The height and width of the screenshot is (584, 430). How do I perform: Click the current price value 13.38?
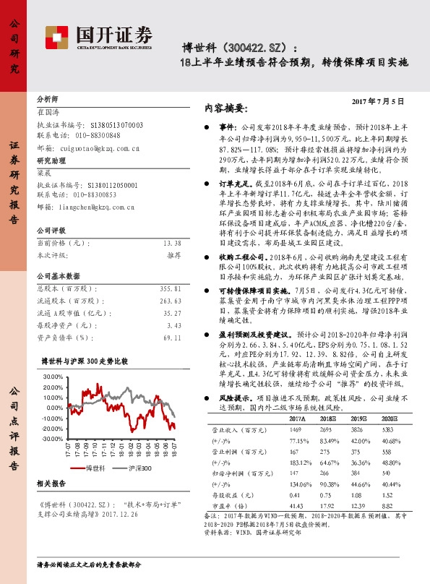(x=172, y=244)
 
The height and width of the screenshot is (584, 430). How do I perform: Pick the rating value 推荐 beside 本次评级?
(x=173, y=254)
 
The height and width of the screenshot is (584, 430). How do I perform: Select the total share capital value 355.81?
(x=171, y=287)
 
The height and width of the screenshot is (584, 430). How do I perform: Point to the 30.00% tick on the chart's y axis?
(x=53, y=377)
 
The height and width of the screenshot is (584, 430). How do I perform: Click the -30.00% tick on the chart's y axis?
(x=52, y=439)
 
